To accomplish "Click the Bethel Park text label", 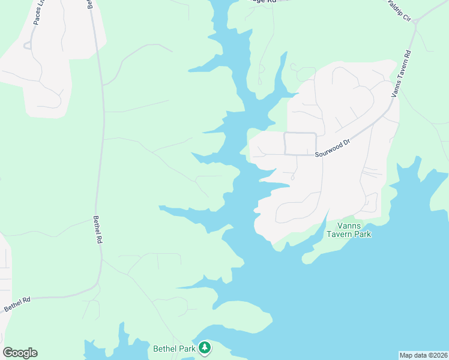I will click(175, 348).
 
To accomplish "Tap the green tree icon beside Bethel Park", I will click(205, 347).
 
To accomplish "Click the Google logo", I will click(20, 353).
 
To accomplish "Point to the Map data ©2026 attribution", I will click(423, 355).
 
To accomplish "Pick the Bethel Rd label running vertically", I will click(97, 230).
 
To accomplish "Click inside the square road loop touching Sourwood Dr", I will click(300, 144).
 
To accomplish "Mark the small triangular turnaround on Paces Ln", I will click(28, 46).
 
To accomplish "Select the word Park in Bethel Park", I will click(186, 348).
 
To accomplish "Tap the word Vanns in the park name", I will click(349, 225).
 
